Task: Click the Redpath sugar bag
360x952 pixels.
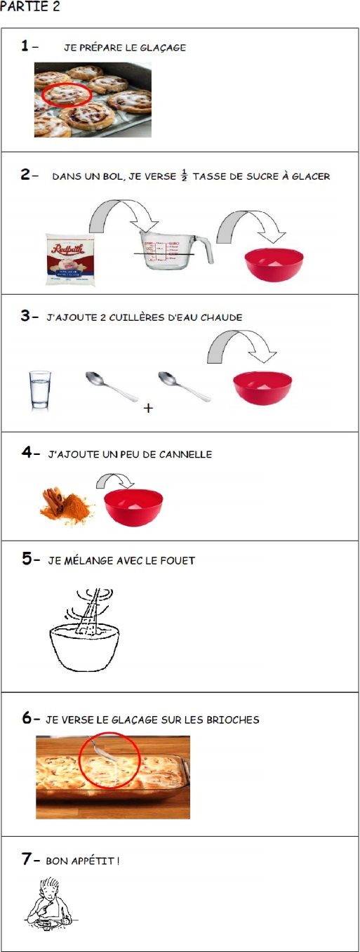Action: [x=71, y=258]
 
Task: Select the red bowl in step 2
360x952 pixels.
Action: [x=274, y=265]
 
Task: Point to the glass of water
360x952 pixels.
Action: [x=40, y=390]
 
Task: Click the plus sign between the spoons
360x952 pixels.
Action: [x=148, y=408]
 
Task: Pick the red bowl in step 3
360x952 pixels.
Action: [x=262, y=388]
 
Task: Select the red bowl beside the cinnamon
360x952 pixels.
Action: [x=133, y=508]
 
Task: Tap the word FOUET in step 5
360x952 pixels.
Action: [x=178, y=560]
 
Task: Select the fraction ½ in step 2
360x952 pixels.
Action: [x=184, y=175]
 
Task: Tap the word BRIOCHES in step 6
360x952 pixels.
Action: [x=232, y=720]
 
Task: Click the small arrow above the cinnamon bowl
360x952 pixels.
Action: [x=115, y=478]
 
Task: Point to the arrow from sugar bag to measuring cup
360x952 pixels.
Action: [x=124, y=209]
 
